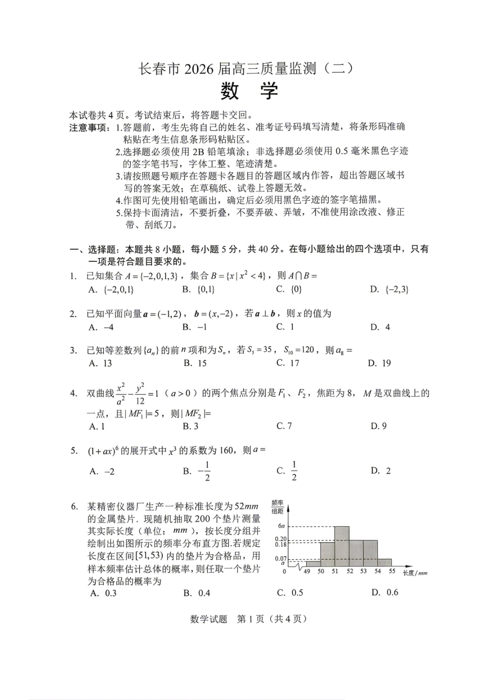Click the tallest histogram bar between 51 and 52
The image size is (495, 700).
342,546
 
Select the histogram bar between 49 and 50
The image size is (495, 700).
313,564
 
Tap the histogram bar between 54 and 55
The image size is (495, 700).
385,562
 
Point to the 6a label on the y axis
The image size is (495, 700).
281,526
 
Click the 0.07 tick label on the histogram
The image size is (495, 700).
280,559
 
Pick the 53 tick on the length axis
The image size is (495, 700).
363,571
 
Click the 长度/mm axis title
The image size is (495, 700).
415,573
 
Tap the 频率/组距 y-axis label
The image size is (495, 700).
278,507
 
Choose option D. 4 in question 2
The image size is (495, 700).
380,327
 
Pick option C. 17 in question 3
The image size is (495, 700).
288,363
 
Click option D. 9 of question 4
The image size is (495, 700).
379,426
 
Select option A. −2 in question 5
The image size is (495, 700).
102,471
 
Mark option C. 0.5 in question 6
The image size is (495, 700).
290,593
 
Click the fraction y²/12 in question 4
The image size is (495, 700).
140,393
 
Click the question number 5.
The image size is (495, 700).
74,451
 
